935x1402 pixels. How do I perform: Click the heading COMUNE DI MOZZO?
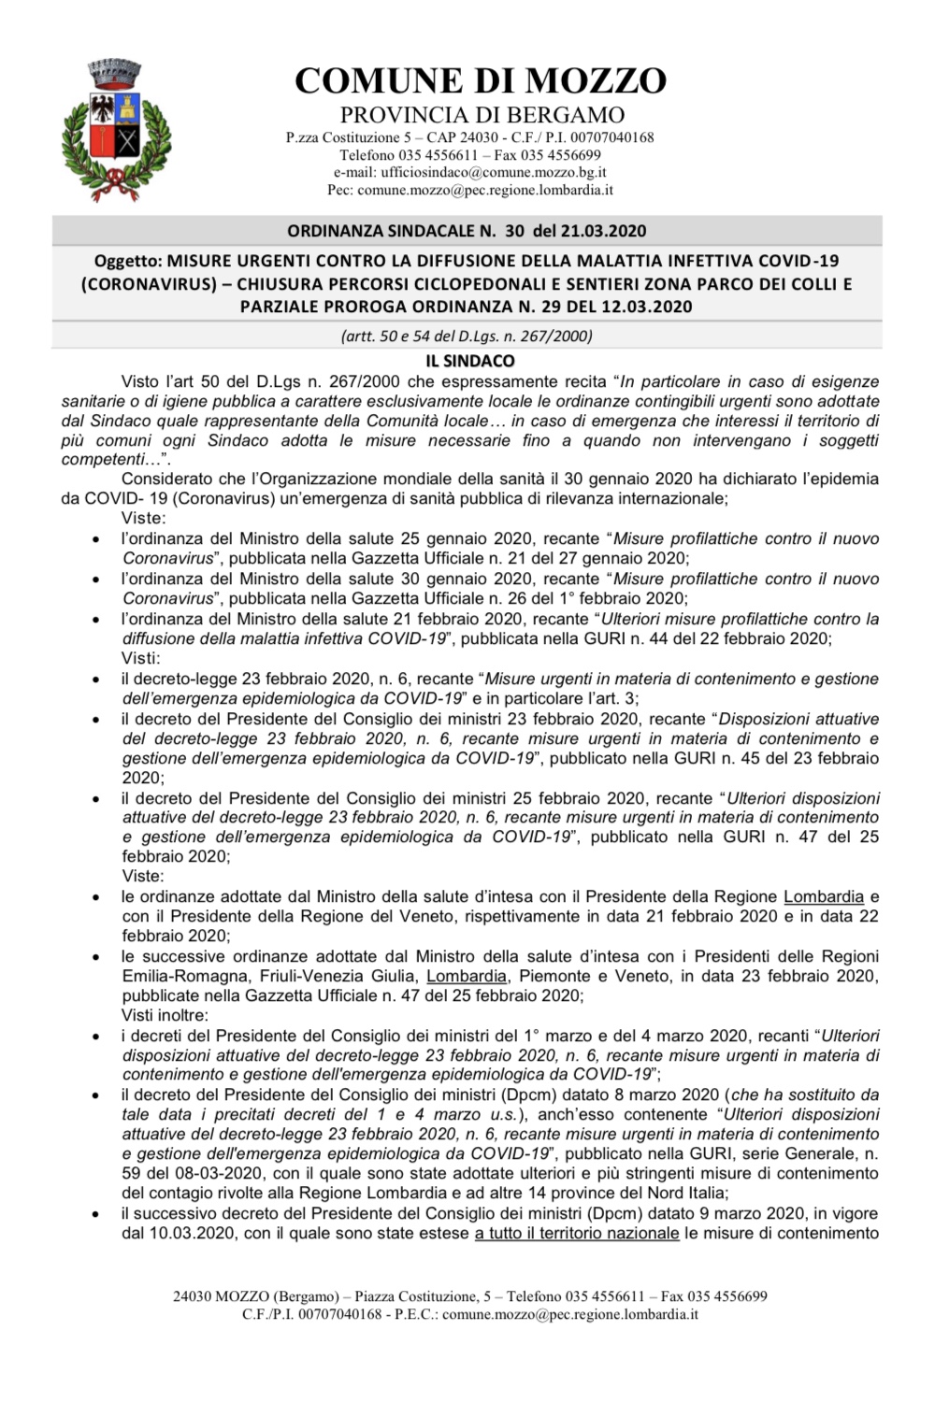pos(481,81)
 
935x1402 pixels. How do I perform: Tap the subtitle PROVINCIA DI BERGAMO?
pos(482,115)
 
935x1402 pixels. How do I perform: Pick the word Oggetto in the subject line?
pos(128,261)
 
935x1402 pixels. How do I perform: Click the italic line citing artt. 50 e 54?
pos(467,336)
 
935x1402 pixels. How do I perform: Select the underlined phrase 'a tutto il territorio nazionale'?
pos(577,1233)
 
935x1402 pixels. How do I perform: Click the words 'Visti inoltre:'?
pos(165,1015)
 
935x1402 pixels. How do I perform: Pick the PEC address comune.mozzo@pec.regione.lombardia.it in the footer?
pos(569,1314)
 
